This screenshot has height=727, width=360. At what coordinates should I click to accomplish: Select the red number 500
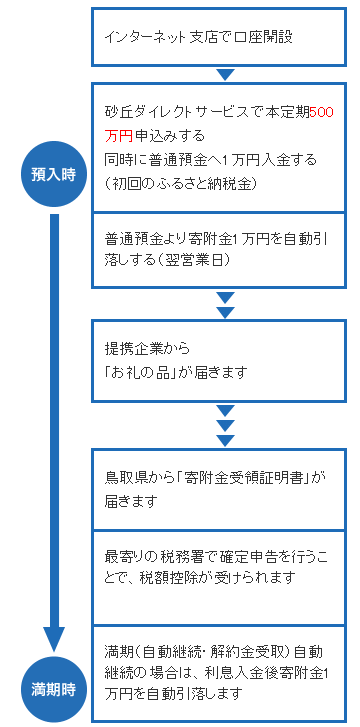pyautogui.click(x=321, y=112)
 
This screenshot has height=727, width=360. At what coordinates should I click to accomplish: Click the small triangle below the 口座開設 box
pyautogui.click(x=225, y=73)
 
